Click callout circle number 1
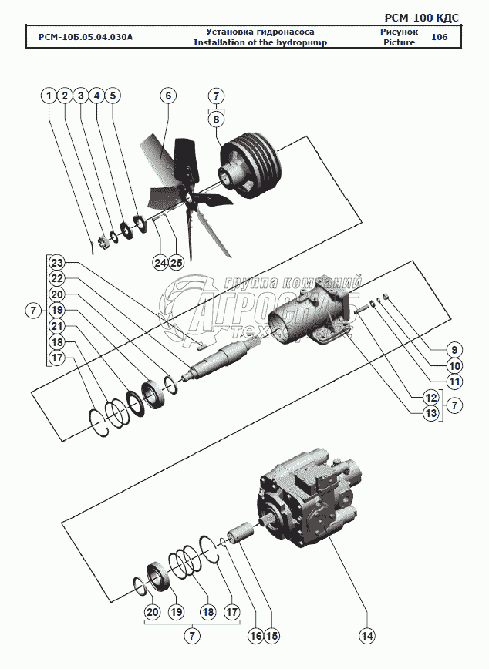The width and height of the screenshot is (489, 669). point(49,96)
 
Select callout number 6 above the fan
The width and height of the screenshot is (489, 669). point(167,96)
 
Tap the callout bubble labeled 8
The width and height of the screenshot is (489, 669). point(217,119)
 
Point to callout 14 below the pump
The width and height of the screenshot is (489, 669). point(366,635)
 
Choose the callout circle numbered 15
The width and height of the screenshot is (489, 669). point(271,636)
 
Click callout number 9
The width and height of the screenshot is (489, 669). point(455,348)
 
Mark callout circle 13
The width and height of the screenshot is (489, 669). point(430,413)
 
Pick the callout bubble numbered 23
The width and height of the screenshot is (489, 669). point(58,262)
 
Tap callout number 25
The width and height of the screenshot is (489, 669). point(176,263)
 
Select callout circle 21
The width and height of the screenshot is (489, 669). point(58,326)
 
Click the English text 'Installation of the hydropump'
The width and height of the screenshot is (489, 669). point(261,43)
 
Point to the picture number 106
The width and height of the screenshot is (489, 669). point(439,37)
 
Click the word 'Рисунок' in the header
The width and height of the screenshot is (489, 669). point(399,32)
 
